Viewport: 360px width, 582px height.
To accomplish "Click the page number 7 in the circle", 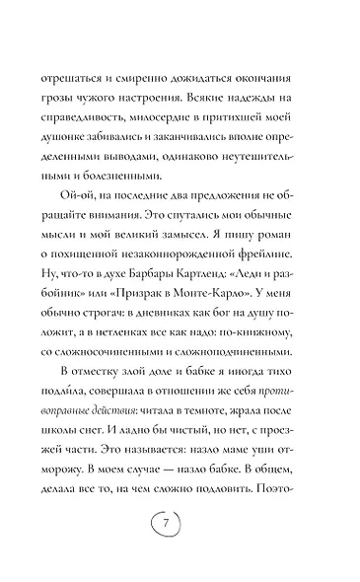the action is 180,548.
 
